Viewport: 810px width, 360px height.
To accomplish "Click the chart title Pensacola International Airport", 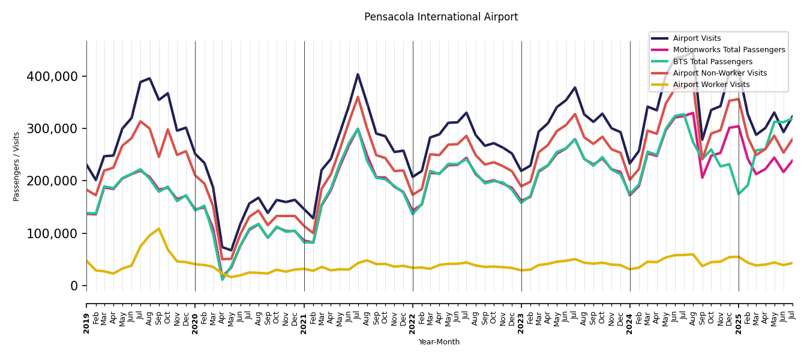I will tap(441, 17).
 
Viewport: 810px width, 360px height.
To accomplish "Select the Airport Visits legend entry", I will tap(697, 38).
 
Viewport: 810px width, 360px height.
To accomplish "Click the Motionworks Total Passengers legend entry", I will tap(728, 50).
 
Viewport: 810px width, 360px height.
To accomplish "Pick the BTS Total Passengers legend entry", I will tap(712, 62).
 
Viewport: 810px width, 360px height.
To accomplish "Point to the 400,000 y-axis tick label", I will tap(52, 77).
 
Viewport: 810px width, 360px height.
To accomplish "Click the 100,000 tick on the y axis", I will tap(52, 233).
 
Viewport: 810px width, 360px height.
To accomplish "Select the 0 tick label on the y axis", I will tap(74, 286).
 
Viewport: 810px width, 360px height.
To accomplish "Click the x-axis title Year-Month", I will tap(439, 342).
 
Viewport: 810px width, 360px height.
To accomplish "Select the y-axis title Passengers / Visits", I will tap(17, 166).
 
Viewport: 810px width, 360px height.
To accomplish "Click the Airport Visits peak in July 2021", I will tap(358, 74).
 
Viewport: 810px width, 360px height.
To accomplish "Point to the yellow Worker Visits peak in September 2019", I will tap(159, 229).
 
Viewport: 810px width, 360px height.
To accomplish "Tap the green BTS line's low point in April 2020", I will tap(223, 279).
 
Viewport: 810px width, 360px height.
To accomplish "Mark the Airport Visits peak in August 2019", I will tap(150, 78).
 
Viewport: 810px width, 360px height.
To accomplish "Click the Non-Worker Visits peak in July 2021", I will tap(358, 97).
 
